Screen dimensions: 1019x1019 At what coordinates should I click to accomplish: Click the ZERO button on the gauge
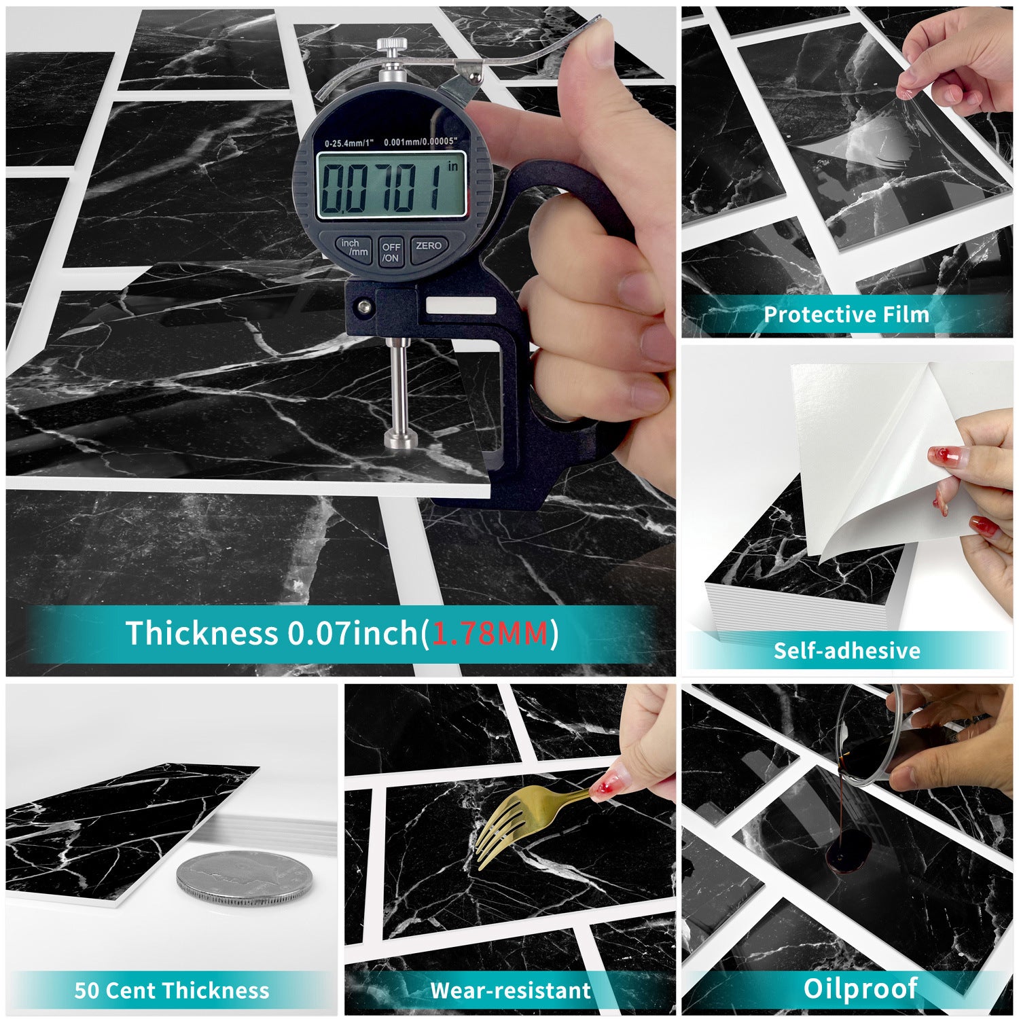pyautogui.click(x=428, y=248)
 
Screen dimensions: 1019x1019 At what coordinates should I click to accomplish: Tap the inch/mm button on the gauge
pyautogui.click(x=354, y=248)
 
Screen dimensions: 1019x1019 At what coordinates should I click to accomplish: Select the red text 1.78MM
pyautogui.click(x=490, y=633)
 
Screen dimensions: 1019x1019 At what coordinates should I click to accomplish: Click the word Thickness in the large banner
pyautogui.click(x=202, y=633)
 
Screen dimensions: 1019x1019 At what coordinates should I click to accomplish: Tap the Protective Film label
pyautogui.click(x=846, y=315)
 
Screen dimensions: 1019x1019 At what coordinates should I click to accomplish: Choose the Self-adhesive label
pyautogui.click(x=846, y=651)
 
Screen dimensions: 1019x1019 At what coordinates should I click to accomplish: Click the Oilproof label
pyautogui.click(x=860, y=988)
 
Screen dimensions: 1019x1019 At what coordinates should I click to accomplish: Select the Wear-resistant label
pyautogui.click(x=510, y=990)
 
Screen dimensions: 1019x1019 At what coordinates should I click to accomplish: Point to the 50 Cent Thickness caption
pyautogui.click(x=172, y=990)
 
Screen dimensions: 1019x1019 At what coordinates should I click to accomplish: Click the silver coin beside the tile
pyautogui.click(x=245, y=879)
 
